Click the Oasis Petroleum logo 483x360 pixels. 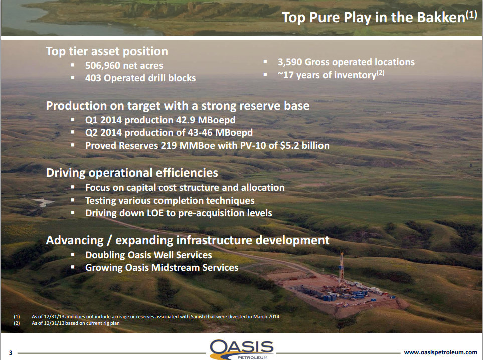coord(242,349)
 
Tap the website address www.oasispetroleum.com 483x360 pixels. coord(440,352)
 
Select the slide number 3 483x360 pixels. coord(11,353)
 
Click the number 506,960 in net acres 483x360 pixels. coord(103,66)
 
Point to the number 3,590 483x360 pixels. coord(290,62)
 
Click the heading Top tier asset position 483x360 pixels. coord(107,51)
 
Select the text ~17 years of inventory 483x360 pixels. coord(327,75)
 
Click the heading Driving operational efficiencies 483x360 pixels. coord(132,173)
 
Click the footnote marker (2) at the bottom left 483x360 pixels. coord(17,323)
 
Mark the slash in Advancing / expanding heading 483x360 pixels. coord(109,241)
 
